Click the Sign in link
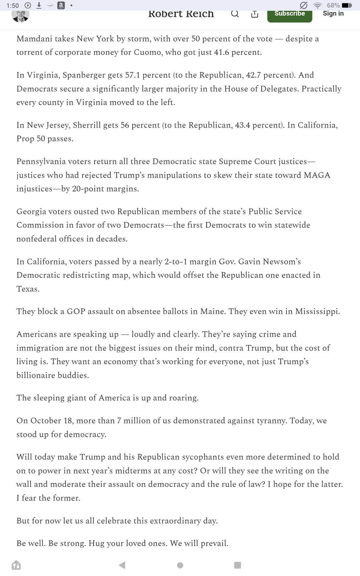(x=333, y=13)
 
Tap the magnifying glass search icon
(x=235, y=14)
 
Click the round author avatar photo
(x=20, y=15)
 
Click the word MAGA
(x=317, y=175)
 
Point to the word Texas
(x=27, y=289)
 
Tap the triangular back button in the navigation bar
(x=122, y=565)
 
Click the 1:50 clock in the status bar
(x=12, y=5)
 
